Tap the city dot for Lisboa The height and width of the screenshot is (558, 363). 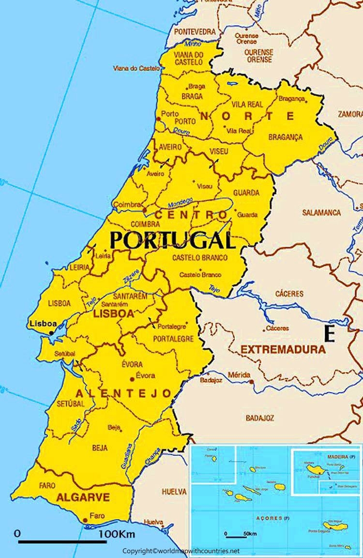(51, 333)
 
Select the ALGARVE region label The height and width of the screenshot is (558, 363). (83, 497)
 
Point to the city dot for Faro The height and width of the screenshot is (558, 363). (85, 520)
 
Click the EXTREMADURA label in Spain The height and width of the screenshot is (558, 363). (283, 349)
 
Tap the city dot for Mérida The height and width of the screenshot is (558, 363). (251, 382)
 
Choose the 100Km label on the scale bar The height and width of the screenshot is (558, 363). (117, 535)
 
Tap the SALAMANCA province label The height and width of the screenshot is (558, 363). (321, 213)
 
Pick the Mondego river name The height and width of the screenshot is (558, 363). (180, 201)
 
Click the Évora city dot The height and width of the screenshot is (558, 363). (132, 379)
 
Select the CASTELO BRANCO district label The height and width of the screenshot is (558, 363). (200, 258)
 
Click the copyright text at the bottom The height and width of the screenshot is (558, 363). (181, 551)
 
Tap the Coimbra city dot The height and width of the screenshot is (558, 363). (144, 210)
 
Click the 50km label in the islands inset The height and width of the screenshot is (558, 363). (250, 533)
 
